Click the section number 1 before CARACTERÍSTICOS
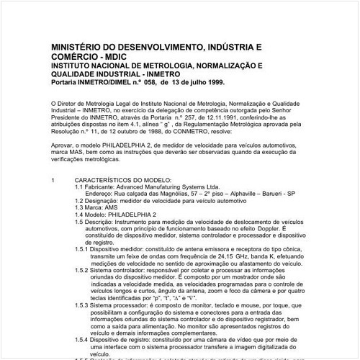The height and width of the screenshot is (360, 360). (x=54, y=179)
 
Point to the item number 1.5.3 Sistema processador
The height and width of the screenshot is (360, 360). (x=81, y=306)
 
